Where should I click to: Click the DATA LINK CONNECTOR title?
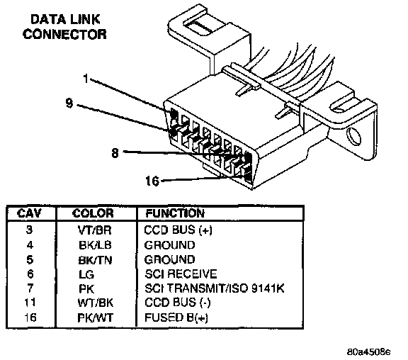coord(64,27)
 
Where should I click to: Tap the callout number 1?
coord(86,78)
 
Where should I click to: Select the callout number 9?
coord(69,103)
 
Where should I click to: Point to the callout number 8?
coord(115,153)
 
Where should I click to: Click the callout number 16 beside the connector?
coord(152,181)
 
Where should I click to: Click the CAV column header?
coord(29,213)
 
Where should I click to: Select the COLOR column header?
coord(93,213)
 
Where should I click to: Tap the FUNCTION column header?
coord(175,213)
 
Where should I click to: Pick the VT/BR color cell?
coord(95,230)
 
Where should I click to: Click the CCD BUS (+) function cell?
coord(178,230)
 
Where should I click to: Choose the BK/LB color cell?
coord(95,245)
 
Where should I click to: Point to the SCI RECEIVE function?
coord(181,274)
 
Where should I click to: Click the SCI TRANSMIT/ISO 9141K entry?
coord(215,288)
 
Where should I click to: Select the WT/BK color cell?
coord(95,303)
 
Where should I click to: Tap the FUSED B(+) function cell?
coord(176,317)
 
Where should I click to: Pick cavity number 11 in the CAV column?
coord(30,303)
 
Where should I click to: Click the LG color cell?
coord(86,275)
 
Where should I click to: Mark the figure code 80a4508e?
coord(369,352)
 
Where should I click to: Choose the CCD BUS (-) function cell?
coord(178,303)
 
